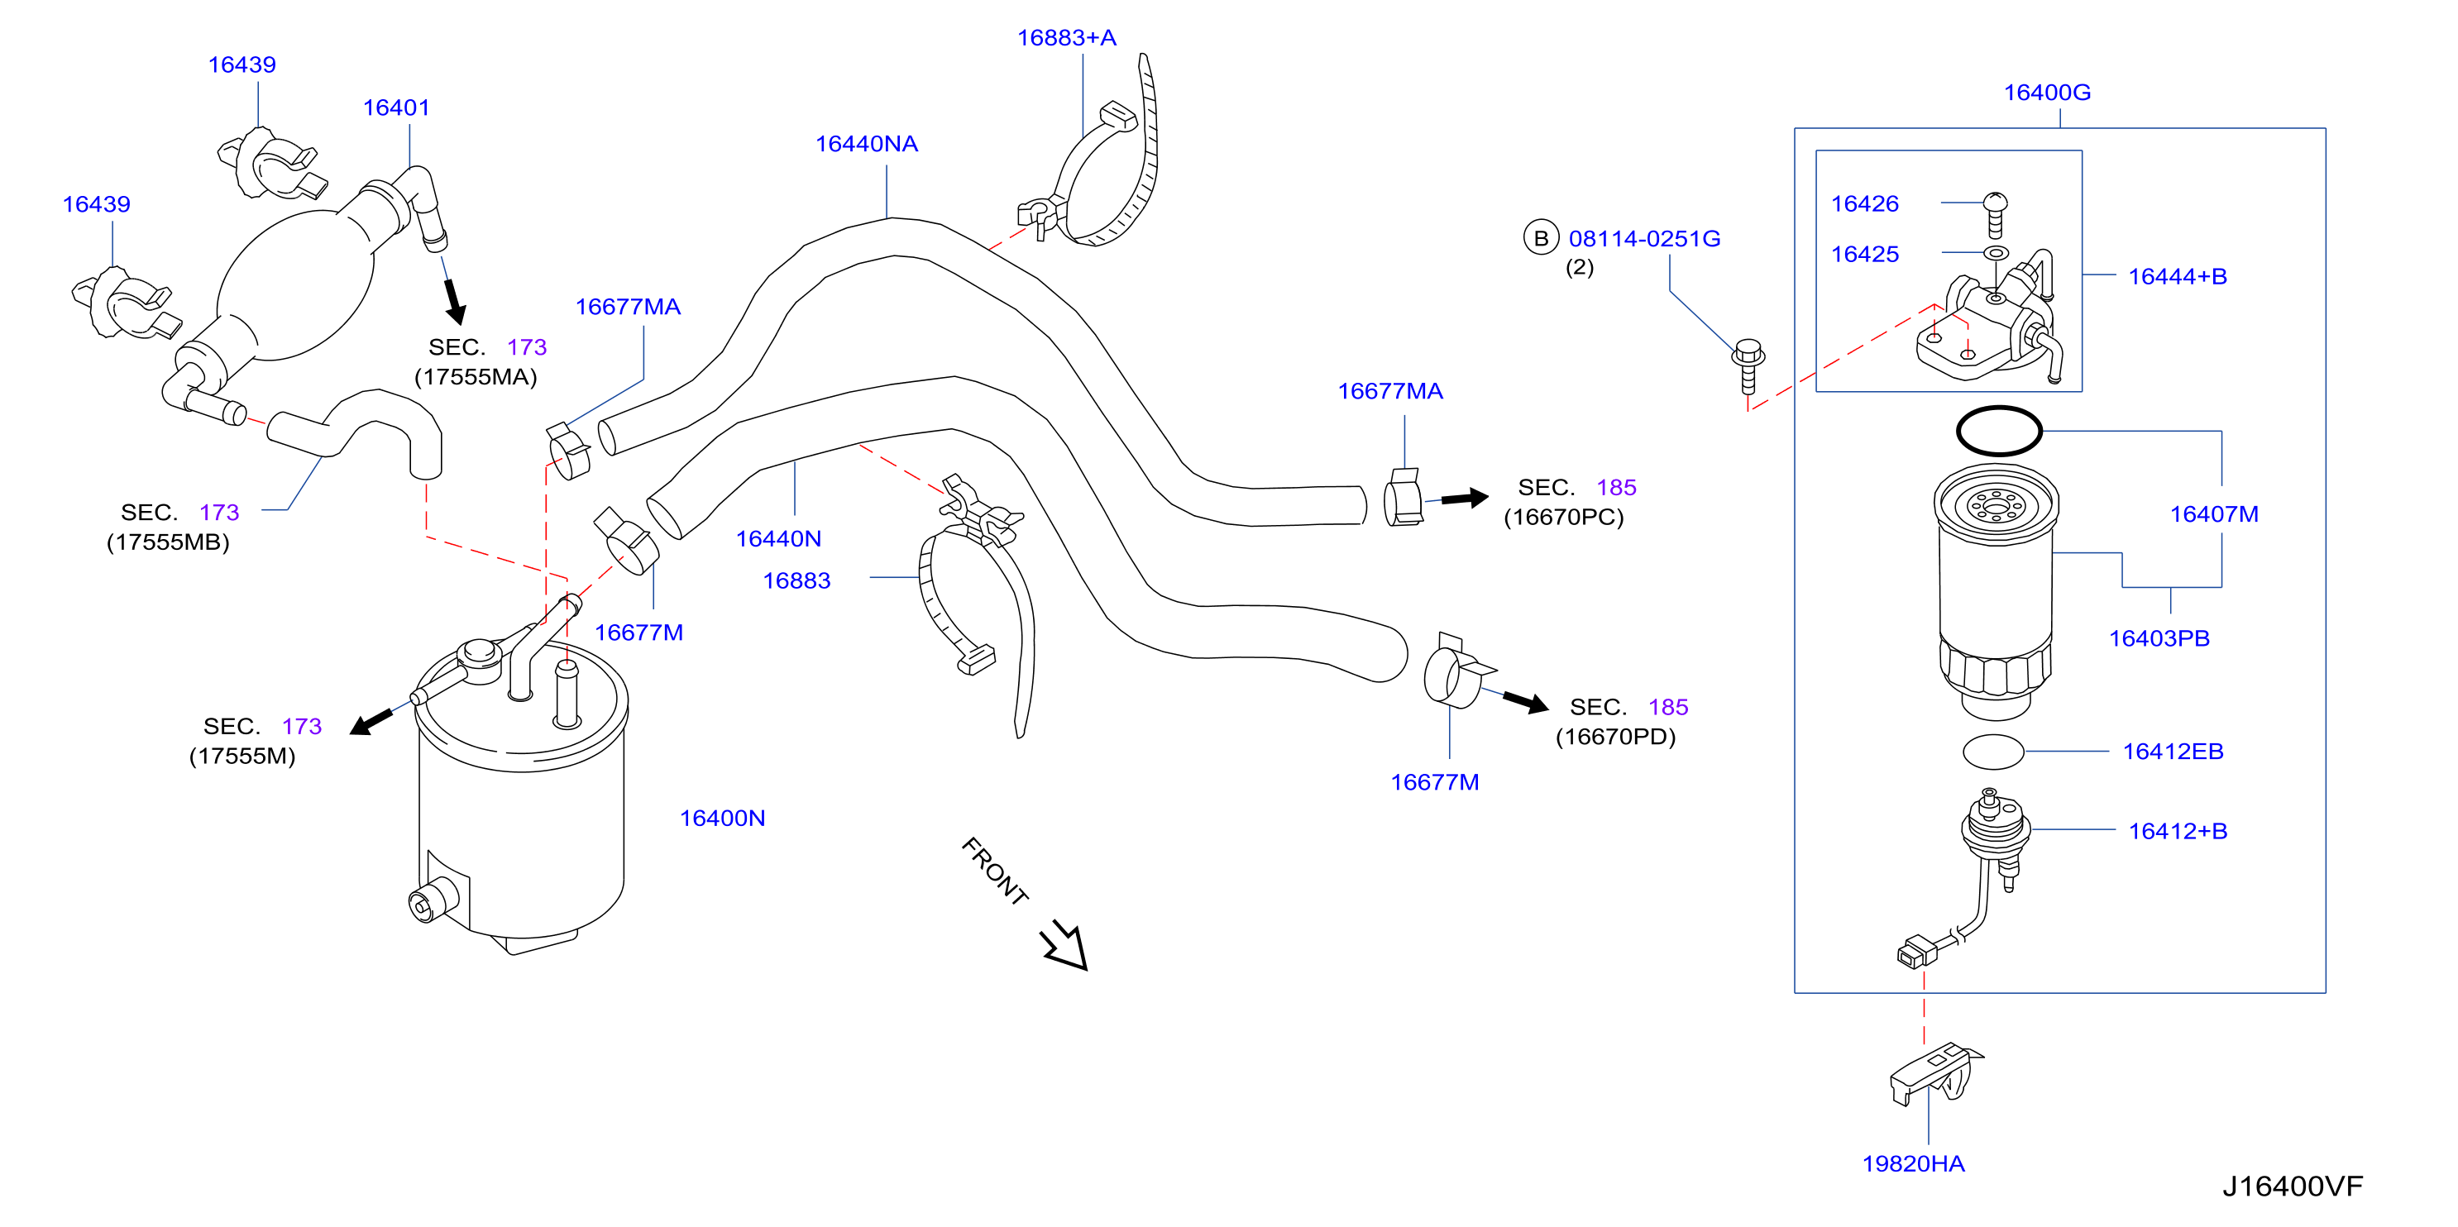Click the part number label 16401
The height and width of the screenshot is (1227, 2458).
[x=396, y=107]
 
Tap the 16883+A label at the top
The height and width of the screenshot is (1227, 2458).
[x=1067, y=38]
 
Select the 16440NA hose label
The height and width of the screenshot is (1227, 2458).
[x=867, y=144]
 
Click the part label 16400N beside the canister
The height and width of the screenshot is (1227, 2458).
[x=722, y=819]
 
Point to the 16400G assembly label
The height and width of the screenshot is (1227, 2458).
[x=2048, y=93]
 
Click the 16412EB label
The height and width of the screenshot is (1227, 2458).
[x=2173, y=752]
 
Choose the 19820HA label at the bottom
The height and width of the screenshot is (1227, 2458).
[x=1914, y=1164]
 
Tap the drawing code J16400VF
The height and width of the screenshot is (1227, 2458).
[x=2293, y=1187]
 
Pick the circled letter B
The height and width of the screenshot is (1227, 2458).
[x=1541, y=238]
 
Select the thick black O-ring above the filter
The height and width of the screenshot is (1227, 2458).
[x=1999, y=432]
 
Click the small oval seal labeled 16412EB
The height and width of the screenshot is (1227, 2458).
[x=1993, y=752]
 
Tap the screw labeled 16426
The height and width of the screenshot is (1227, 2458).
[x=1995, y=215]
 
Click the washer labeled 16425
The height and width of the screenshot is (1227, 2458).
[x=1997, y=254]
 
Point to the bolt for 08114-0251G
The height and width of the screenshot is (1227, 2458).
[x=1748, y=366]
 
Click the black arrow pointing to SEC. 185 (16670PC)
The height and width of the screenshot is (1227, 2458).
[x=1465, y=498]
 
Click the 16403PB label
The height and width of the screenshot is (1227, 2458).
[x=2159, y=639]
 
